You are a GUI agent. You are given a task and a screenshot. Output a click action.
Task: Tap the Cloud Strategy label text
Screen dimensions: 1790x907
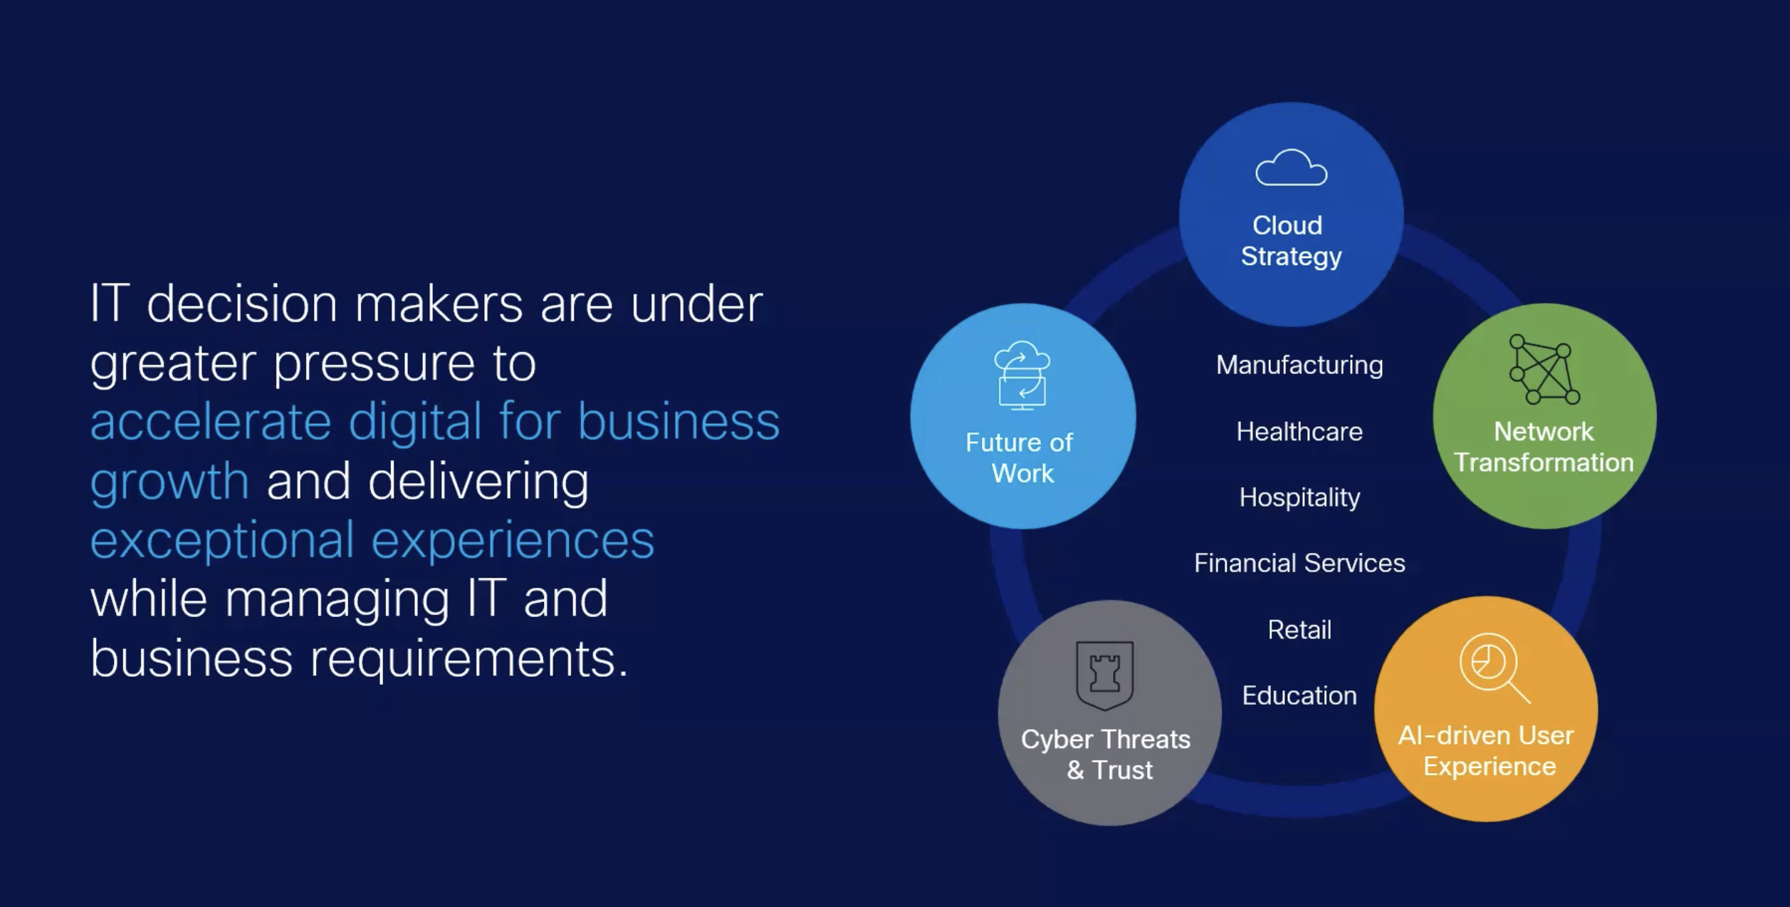1291,241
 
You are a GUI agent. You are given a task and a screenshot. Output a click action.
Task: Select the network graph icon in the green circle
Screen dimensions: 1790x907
1544,369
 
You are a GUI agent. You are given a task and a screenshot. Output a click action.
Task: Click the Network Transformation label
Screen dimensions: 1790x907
1544,447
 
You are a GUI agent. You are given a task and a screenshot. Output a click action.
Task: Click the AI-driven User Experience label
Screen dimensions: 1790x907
1487,750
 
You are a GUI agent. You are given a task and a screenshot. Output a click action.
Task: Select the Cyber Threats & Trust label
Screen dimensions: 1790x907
1106,755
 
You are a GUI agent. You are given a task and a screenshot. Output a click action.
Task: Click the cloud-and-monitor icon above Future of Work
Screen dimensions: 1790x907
1022,375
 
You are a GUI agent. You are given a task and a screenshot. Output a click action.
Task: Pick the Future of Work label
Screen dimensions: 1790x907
1020,457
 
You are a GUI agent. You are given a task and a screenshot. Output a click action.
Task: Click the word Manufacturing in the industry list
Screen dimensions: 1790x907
1299,366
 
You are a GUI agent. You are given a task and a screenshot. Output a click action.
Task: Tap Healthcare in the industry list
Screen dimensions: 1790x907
1299,432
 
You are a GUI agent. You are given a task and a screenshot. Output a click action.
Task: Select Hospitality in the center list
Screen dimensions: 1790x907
1299,498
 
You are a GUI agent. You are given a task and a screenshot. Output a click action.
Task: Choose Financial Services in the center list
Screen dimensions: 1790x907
1299,564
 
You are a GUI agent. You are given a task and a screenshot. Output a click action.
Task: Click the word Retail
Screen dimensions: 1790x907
1299,630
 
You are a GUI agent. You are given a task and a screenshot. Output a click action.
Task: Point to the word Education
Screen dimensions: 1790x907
1299,695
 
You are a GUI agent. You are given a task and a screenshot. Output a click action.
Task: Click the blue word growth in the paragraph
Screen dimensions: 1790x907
169,482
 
